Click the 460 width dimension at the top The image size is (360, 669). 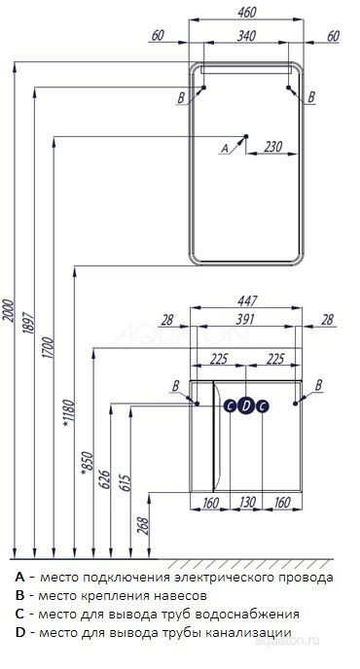click(x=247, y=13)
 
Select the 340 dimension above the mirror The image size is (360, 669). click(x=246, y=36)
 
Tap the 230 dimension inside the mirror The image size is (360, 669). click(x=272, y=147)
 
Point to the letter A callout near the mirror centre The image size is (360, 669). click(x=224, y=149)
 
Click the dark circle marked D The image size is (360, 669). click(x=246, y=406)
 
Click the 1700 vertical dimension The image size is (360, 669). click(x=48, y=347)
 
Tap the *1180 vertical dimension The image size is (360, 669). click(x=68, y=413)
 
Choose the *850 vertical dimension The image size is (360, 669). click(x=87, y=461)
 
